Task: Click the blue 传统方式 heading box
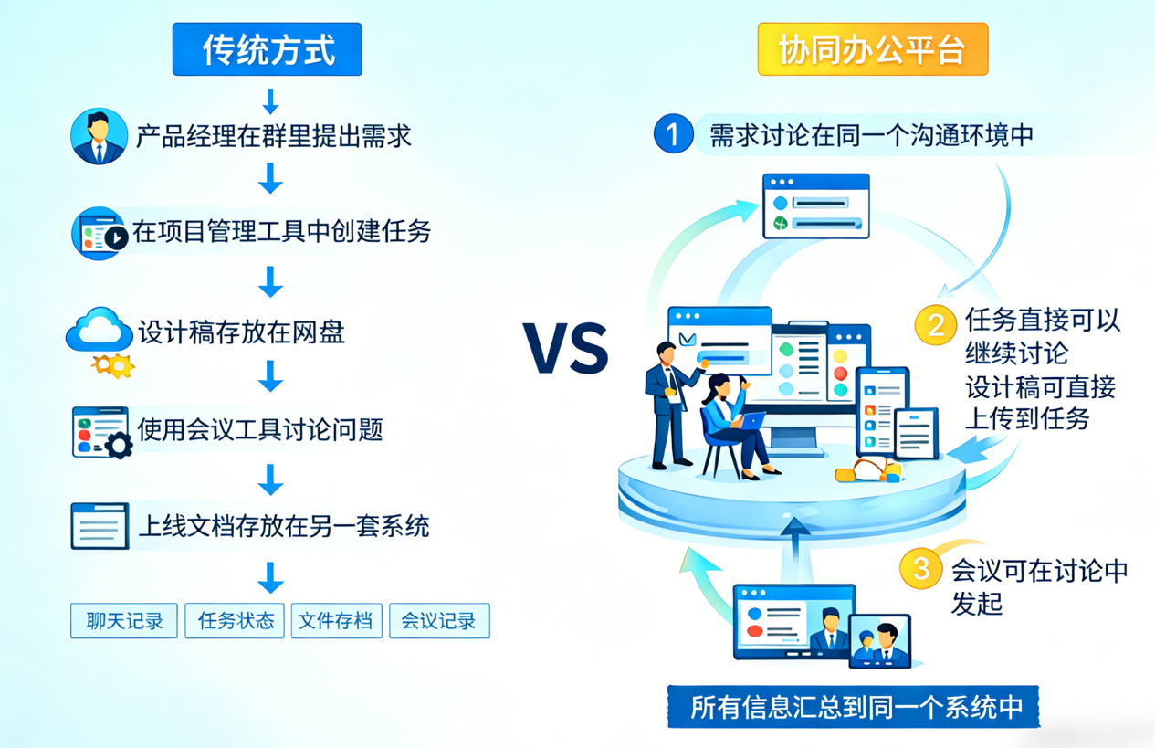click(267, 49)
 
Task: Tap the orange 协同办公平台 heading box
click(872, 49)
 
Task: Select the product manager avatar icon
click(99, 137)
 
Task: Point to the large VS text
click(566, 348)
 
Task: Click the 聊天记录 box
click(124, 621)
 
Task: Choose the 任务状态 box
click(236, 621)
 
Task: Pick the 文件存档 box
click(336, 621)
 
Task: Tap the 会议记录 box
click(439, 621)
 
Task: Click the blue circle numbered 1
click(673, 134)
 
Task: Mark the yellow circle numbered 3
click(920, 568)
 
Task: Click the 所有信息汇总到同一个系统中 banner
click(856, 708)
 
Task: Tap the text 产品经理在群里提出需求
click(274, 137)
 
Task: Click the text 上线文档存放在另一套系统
click(283, 526)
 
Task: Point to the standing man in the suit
click(668, 402)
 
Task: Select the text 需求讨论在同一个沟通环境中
click(871, 135)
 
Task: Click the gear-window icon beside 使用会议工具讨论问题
click(100, 432)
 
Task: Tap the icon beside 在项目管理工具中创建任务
click(99, 233)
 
